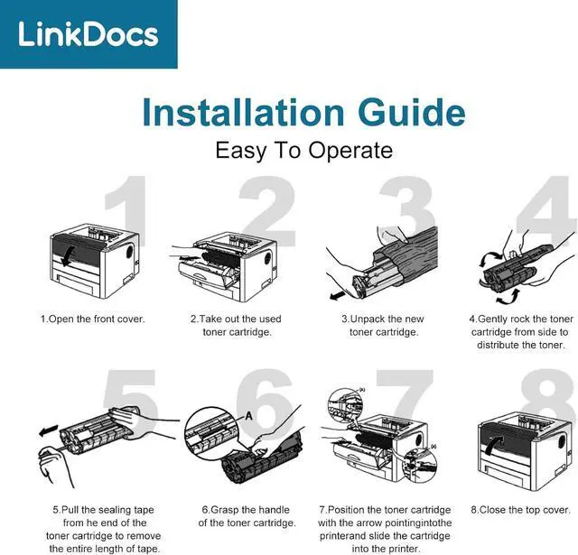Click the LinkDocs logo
coord(88,35)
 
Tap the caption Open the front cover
coord(91,319)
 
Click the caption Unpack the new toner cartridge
coord(383,326)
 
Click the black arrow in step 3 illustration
coord(337,294)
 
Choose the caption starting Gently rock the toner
coord(520,332)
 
